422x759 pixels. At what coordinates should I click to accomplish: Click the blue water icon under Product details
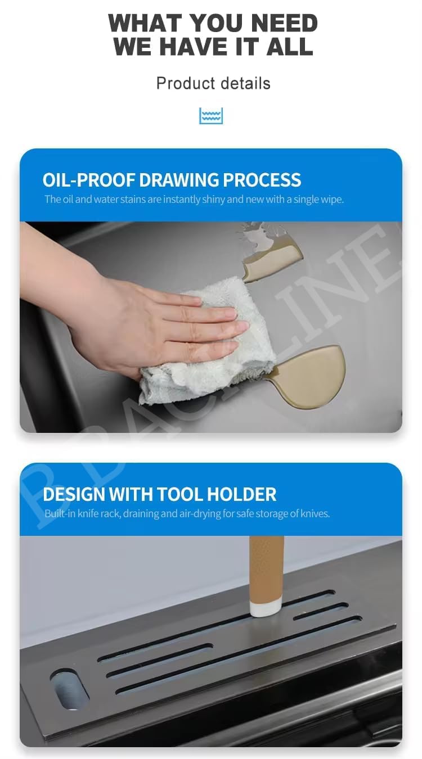coord(211,116)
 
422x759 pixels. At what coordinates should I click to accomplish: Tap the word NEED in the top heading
coord(284,24)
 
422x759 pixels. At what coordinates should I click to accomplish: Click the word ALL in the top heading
coord(289,47)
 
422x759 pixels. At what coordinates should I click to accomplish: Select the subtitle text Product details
coord(213,83)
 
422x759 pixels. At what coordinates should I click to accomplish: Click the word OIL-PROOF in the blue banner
coord(89,180)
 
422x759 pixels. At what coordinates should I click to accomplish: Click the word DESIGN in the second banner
coord(74,494)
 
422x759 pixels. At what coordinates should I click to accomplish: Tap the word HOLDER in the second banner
coord(241,494)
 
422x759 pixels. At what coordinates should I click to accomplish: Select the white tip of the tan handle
coord(266,608)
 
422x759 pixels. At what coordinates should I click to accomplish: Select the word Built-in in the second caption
coord(60,514)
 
